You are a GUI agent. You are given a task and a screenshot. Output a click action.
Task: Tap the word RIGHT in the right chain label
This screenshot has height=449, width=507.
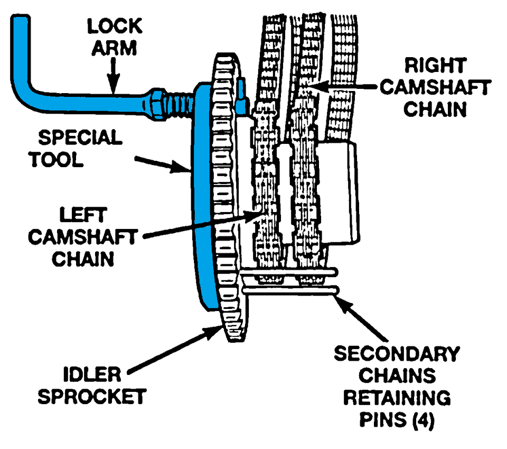tap(435, 66)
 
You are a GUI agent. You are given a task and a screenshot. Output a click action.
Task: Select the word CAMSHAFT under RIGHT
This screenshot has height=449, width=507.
tap(436, 88)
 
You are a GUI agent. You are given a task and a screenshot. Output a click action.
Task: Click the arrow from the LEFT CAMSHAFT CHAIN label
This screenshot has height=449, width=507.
tap(201, 225)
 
